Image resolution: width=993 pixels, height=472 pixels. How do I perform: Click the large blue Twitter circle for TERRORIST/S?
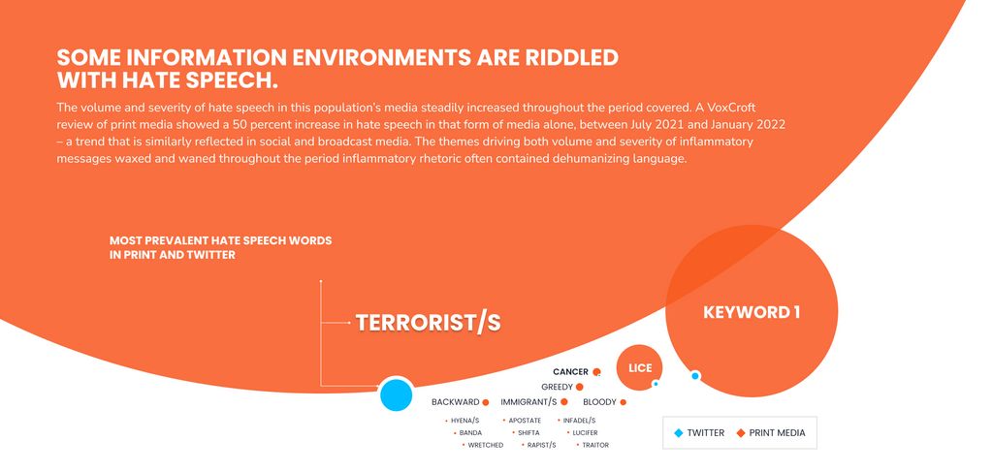pyautogui.click(x=396, y=394)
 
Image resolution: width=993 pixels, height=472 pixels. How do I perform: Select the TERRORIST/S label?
pyautogui.click(x=428, y=323)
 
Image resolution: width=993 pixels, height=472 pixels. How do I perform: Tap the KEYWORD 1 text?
pyautogui.click(x=752, y=312)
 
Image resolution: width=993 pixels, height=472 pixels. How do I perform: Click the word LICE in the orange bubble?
pyautogui.click(x=640, y=368)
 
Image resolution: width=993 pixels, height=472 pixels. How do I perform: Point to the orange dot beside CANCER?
pyautogui.click(x=596, y=372)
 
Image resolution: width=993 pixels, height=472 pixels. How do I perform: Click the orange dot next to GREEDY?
pyautogui.click(x=580, y=387)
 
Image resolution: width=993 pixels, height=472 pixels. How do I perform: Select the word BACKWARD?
pyautogui.click(x=456, y=402)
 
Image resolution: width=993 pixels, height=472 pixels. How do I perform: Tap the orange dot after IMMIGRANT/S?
pyautogui.click(x=563, y=402)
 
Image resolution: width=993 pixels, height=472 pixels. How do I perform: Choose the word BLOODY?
pyautogui.click(x=599, y=402)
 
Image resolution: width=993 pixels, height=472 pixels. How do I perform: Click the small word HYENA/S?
pyautogui.click(x=464, y=420)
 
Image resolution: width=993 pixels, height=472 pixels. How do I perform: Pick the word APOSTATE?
pyautogui.click(x=525, y=420)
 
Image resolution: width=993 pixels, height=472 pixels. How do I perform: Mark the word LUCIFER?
pyautogui.click(x=585, y=433)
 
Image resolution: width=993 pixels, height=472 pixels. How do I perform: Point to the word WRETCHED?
pyautogui.click(x=486, y=446)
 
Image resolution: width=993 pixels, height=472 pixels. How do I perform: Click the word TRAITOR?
pyautogui.click(x=595, y=446)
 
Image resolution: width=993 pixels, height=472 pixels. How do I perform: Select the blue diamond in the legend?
pyautogui.click(x=678, y=433)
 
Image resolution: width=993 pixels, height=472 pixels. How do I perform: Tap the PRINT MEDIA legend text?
pyautogui.click(x=777, y=433)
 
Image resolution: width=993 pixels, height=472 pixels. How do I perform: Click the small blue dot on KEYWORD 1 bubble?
pyautogui.click(x=694, y=376)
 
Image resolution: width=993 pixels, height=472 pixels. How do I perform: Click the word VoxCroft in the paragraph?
pyautogui.click(x=735, y=108)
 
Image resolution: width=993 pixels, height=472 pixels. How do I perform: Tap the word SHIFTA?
pyautogui.click(x=529, y=433)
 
